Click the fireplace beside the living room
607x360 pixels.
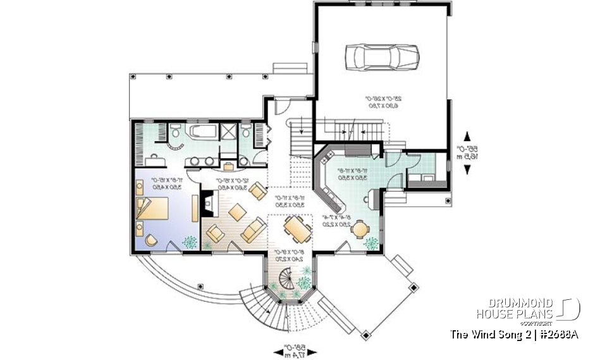tap(207, 203)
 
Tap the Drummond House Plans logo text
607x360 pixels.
tap(515, 309)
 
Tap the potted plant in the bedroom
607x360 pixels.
tap(189, 241)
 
